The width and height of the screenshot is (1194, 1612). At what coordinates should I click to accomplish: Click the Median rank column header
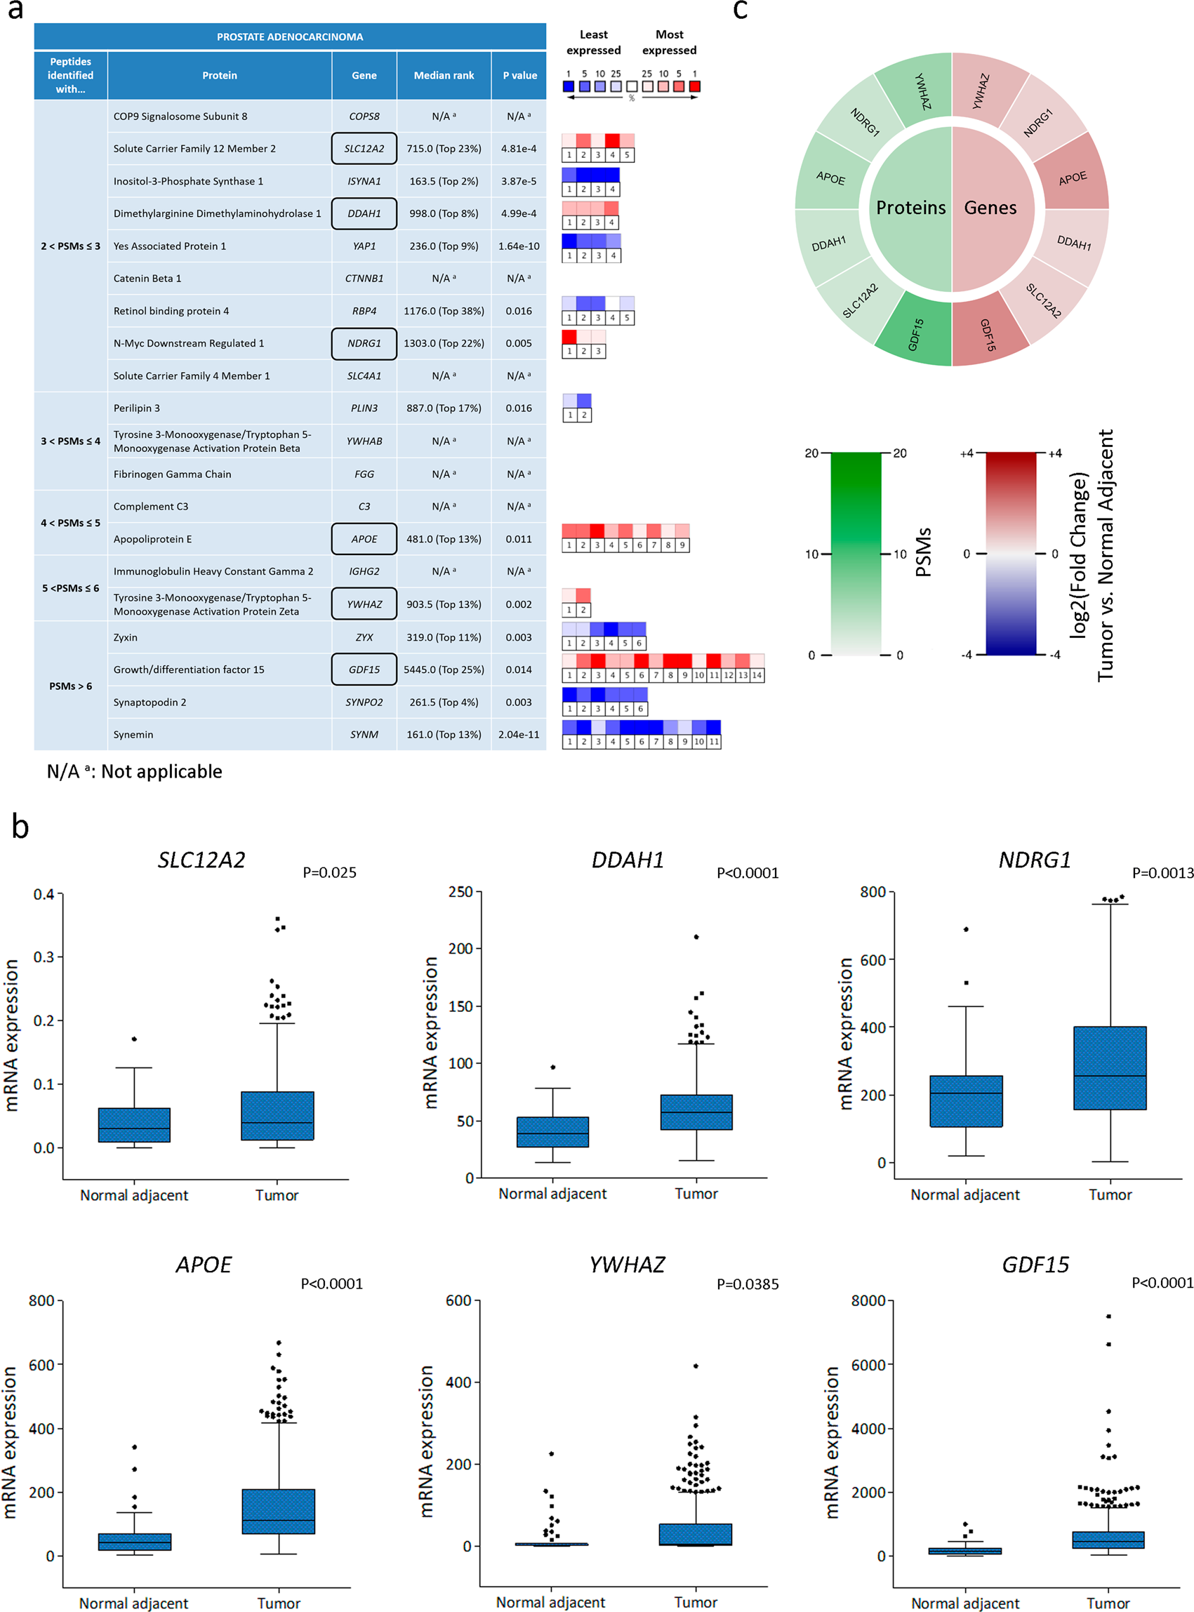(x=444, y=75)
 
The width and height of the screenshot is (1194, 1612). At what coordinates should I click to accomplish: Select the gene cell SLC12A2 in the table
(x=364, y=149)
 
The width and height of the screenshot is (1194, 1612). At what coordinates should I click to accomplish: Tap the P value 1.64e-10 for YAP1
(x=518, y=246)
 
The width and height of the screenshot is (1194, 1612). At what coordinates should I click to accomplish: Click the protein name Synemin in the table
(x=133, y=735)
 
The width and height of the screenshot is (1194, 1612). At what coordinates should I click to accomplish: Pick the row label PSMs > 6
(x=70, y=686)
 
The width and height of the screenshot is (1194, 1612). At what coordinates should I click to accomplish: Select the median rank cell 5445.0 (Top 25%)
(x=444, y=670)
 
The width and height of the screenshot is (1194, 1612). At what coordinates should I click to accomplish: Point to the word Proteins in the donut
(x=910, y=208)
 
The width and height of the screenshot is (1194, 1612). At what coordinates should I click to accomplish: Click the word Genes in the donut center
(x=990, y=208)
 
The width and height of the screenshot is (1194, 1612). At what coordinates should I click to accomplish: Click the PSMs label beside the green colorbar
(x=923, y=552)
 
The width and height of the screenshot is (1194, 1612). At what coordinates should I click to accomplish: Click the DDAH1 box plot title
(x=628, y=860)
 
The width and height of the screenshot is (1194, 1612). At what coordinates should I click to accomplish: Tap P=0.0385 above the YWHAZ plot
(x=748, y=1284)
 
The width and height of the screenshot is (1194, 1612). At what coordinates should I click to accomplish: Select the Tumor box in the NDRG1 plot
(x=1110, y=1068)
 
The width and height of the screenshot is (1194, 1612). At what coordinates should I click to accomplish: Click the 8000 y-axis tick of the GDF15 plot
(x=868, y=1301)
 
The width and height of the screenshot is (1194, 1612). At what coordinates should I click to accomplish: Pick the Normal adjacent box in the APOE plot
(x=135, y=1541)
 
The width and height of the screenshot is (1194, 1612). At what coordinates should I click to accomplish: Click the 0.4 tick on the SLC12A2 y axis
(x=44, y=895)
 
